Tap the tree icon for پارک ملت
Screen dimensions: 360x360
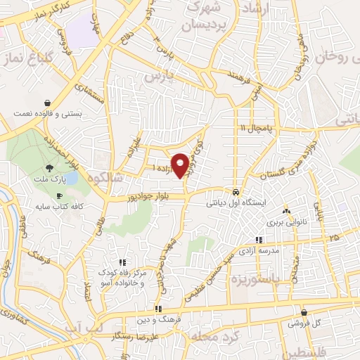(49, 168)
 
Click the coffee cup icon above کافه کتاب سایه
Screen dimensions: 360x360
(59, 195)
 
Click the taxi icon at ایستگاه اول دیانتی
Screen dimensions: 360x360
(236, 192)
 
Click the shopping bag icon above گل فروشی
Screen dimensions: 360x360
(304, 313)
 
